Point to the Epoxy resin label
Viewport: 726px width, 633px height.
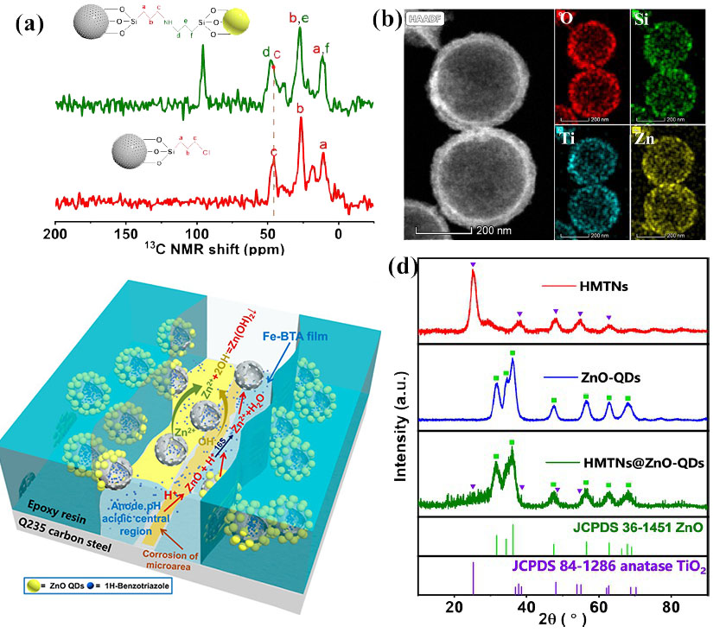[56, 507]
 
